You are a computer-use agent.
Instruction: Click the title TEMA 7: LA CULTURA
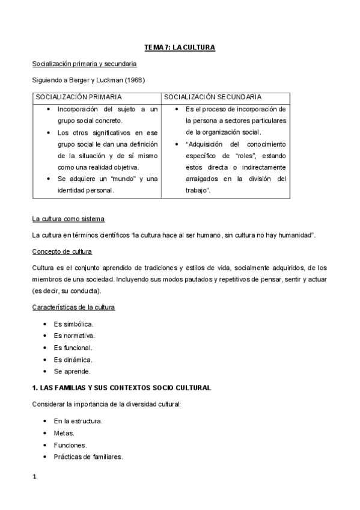(180, 47)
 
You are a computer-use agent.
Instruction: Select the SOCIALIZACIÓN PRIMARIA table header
(79, 96)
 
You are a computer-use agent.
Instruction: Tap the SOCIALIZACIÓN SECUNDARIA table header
(212, 96)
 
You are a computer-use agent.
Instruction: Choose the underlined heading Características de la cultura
(73, 307)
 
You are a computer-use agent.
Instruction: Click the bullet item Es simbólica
(73, 324)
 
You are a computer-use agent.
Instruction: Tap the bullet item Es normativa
(74, 336)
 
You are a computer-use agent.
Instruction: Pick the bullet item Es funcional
(73, 348)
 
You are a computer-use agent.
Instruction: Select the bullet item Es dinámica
(73, 360)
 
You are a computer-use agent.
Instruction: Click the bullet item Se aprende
(72, 371)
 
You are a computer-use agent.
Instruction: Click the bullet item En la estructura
(78, 421)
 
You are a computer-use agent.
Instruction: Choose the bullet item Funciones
(70, 445)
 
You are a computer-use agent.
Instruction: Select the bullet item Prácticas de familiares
(88, 456)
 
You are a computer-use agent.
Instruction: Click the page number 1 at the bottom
(35, 477)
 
